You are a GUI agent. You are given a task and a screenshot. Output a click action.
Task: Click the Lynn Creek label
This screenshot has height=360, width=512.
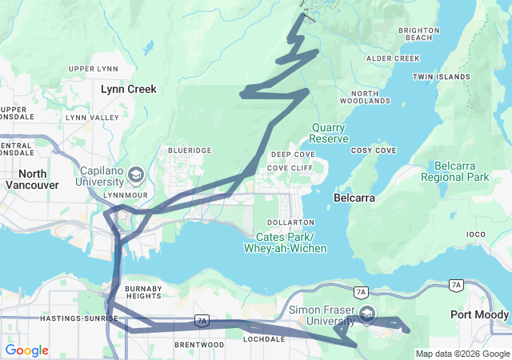(x=129, y=89)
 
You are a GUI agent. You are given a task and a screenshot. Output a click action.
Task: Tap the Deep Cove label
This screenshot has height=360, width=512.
(x=292, y=154)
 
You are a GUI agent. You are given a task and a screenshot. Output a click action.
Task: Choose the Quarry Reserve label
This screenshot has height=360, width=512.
(x=330, y=133)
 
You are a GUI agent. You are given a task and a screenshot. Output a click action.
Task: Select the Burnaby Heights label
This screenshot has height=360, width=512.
(x=143, y=292)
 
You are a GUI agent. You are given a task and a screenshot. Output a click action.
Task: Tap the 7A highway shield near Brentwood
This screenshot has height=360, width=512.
(x=201, y=321)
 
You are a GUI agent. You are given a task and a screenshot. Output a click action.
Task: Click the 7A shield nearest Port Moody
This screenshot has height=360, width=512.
(x=456, y=285)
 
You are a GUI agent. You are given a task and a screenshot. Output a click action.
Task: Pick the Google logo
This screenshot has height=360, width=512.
(x=26, y=350)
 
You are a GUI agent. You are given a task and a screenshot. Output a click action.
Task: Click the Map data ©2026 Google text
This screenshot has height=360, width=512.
(x=462, y=354)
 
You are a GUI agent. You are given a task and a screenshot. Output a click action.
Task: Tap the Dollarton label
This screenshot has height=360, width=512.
(x=291, y=222)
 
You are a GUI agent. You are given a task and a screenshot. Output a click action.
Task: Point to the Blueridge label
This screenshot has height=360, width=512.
(x=190, y=150)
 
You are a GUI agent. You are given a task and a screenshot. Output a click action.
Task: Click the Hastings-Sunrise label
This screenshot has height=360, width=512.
(x=79, y=318)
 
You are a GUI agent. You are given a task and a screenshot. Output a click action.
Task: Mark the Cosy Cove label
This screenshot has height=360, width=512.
(x=374, y=150)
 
